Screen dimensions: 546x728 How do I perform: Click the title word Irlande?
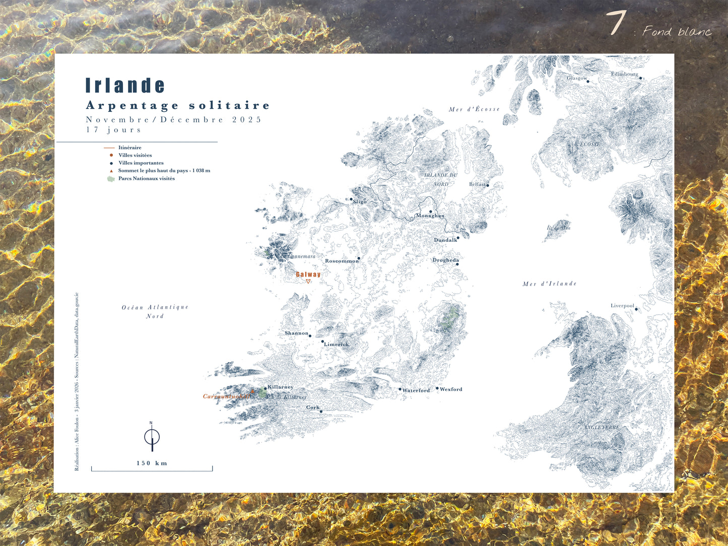[125, 86]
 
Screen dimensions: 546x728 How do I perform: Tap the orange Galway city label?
[308, 275]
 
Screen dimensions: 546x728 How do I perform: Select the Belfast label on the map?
[477, 184]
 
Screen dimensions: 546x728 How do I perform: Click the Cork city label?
[313, 407]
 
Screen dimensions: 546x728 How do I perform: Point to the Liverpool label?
[622, 306]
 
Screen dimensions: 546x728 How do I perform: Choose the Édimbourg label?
[624, 74]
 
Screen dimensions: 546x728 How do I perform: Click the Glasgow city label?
[577, 78]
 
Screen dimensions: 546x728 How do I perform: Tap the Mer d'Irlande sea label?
[549, 284]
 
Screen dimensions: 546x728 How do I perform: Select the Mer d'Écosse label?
[474, 109]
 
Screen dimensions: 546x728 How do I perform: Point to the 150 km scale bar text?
[152, 463]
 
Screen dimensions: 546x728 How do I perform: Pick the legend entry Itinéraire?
[129, 148]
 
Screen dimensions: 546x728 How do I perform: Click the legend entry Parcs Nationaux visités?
[146, 178]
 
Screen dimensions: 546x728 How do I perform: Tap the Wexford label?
[451, 389]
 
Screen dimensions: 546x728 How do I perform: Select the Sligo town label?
[360, 202]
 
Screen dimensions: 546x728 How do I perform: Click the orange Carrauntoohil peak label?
[226, 396]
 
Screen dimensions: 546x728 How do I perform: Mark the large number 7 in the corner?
[616, 23]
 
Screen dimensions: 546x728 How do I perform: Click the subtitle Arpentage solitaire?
[178, 106]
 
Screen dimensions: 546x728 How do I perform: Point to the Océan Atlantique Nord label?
[155, 311]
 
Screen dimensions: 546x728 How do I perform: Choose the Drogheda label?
[445, 260]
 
